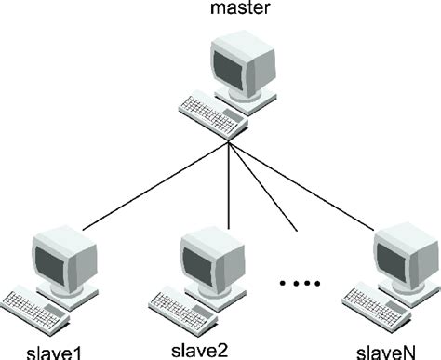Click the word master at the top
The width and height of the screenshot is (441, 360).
[x=228, y=12]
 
